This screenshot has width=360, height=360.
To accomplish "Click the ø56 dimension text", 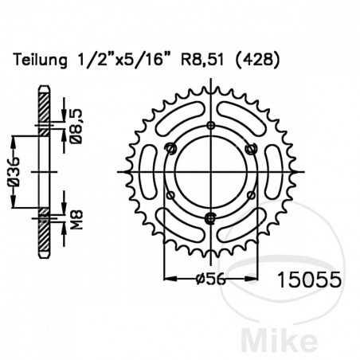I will point(211,279).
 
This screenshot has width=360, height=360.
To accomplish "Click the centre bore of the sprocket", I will point(210,171).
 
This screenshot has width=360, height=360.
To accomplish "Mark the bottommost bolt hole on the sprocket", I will point(210,218).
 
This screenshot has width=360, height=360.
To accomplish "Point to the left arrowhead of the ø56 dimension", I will point(166,279).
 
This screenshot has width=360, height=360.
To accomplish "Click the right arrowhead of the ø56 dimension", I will point(254,279).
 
